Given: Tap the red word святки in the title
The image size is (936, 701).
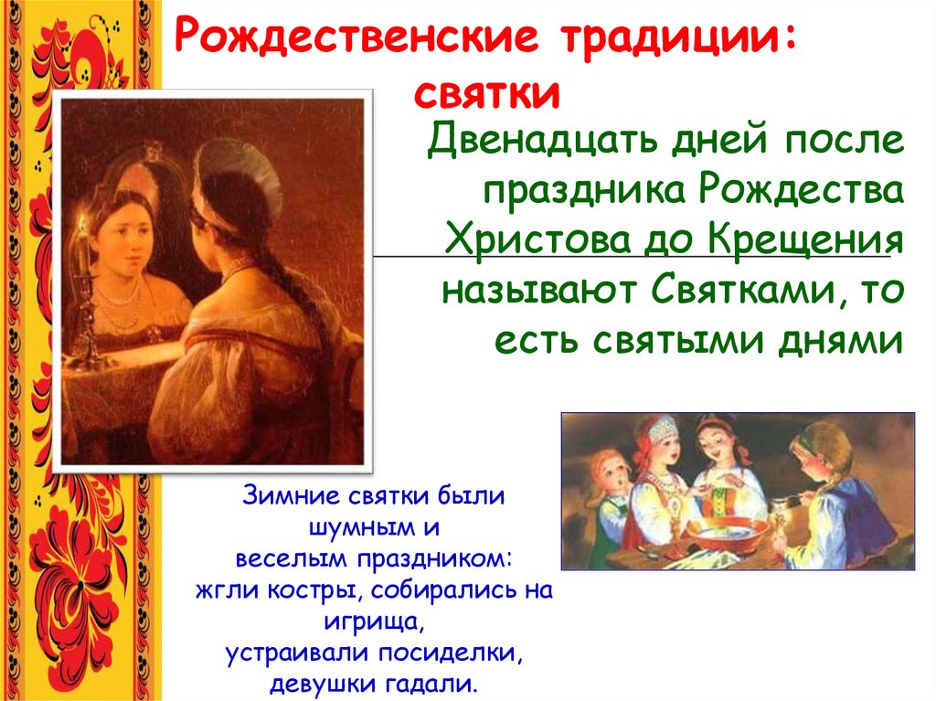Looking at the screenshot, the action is [487, 94].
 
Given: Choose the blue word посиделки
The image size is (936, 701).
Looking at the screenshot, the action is [451, 653].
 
